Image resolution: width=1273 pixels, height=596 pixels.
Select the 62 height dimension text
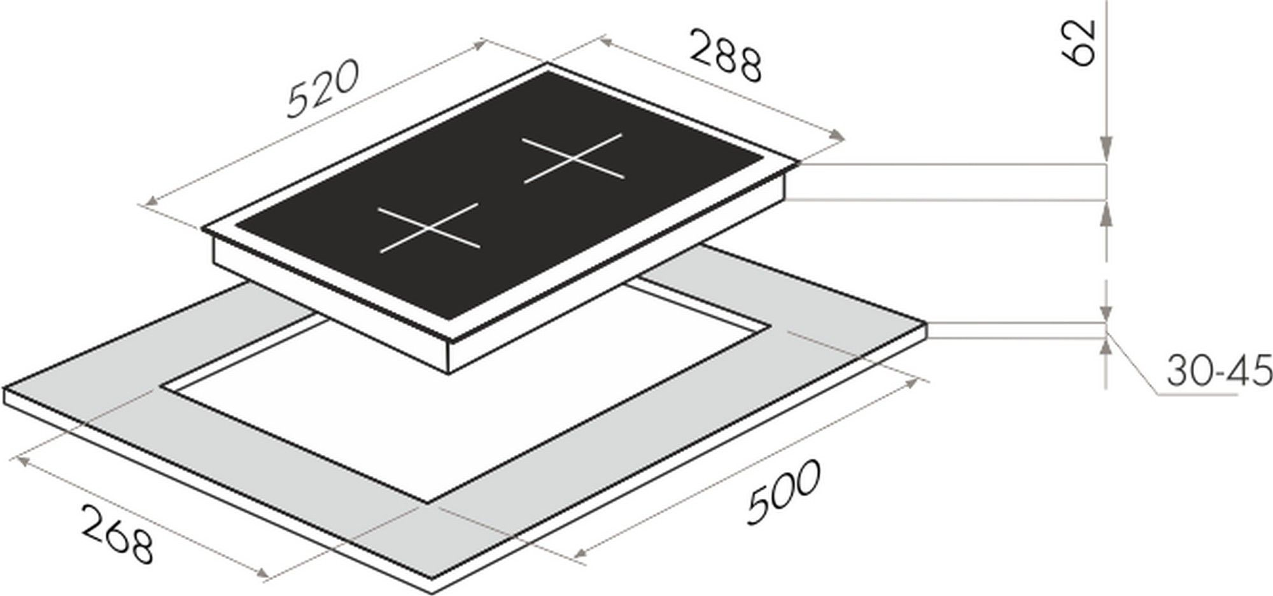pyautogui.click(x=1079, y=42)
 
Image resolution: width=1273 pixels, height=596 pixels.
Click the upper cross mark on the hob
pyautogui.click(x=573, y=158)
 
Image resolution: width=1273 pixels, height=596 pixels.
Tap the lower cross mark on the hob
pyautogui.click(x=428, y=228)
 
